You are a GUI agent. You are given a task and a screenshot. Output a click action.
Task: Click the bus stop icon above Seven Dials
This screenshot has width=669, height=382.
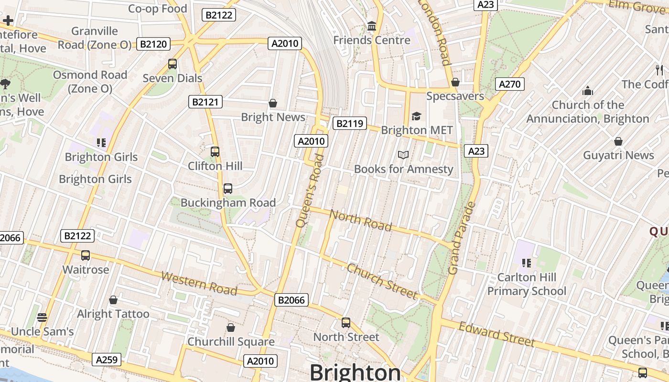[173, 64]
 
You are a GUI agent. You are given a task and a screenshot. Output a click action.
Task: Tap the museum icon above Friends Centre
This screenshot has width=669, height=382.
[372, 26]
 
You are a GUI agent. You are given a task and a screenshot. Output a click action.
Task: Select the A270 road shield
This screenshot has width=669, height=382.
[509, 85]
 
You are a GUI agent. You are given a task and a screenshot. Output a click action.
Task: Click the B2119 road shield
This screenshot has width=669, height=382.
[350, 124]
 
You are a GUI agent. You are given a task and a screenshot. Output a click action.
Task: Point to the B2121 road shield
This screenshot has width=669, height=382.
[205, 102]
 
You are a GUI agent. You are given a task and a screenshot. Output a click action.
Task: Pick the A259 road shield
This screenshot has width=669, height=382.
[107, 360]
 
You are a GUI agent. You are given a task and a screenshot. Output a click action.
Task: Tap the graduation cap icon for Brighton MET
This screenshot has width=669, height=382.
[417, 116]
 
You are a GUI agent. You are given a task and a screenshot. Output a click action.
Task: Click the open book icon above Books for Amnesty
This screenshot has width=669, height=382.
[403, 155]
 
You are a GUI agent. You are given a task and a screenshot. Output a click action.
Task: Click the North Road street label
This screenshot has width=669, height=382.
[361, 220]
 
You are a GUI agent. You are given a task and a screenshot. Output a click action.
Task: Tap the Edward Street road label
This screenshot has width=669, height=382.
[496, 334]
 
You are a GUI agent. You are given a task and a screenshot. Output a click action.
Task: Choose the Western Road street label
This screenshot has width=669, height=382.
[199, 283]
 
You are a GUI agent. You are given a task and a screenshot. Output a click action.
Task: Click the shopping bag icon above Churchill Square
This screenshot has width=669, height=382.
[231, 328]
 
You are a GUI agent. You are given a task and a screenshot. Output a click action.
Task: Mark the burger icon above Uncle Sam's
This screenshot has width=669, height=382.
[42, 318]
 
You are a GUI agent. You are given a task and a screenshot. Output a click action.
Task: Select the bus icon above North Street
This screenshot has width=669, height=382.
[346, 323]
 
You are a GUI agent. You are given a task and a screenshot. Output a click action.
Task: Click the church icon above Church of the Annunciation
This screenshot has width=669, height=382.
[587, 91]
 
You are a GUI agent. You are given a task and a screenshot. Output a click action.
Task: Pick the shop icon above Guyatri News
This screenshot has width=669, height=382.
[618, 141]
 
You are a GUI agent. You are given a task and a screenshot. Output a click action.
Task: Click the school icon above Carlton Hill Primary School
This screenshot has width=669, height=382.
[527, 263]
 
